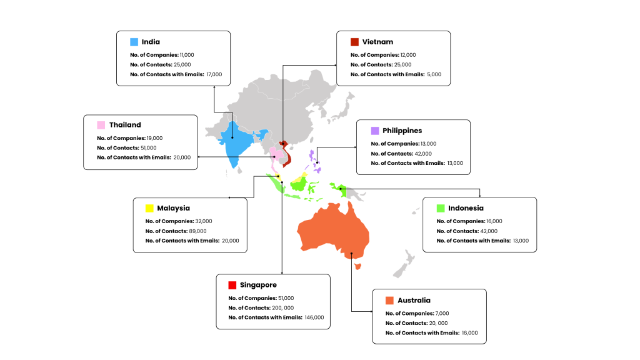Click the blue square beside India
coord(134,42)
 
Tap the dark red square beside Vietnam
coord(354,42)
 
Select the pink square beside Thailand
coord(101,125)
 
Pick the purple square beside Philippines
coord(374,131)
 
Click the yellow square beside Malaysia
coord(149,208)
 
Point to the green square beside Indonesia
coord(441,208)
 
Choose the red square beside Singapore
coord(232,285)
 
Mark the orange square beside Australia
coord(389,300)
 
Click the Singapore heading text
coord(258,285)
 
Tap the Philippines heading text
coord(402,131)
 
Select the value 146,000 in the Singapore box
coord(314,317)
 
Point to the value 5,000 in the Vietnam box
coord(434,74)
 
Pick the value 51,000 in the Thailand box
coord(149,147)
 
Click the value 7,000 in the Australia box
coord(441,313)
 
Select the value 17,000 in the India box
coord(213,74)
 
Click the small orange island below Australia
coord(357,267)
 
